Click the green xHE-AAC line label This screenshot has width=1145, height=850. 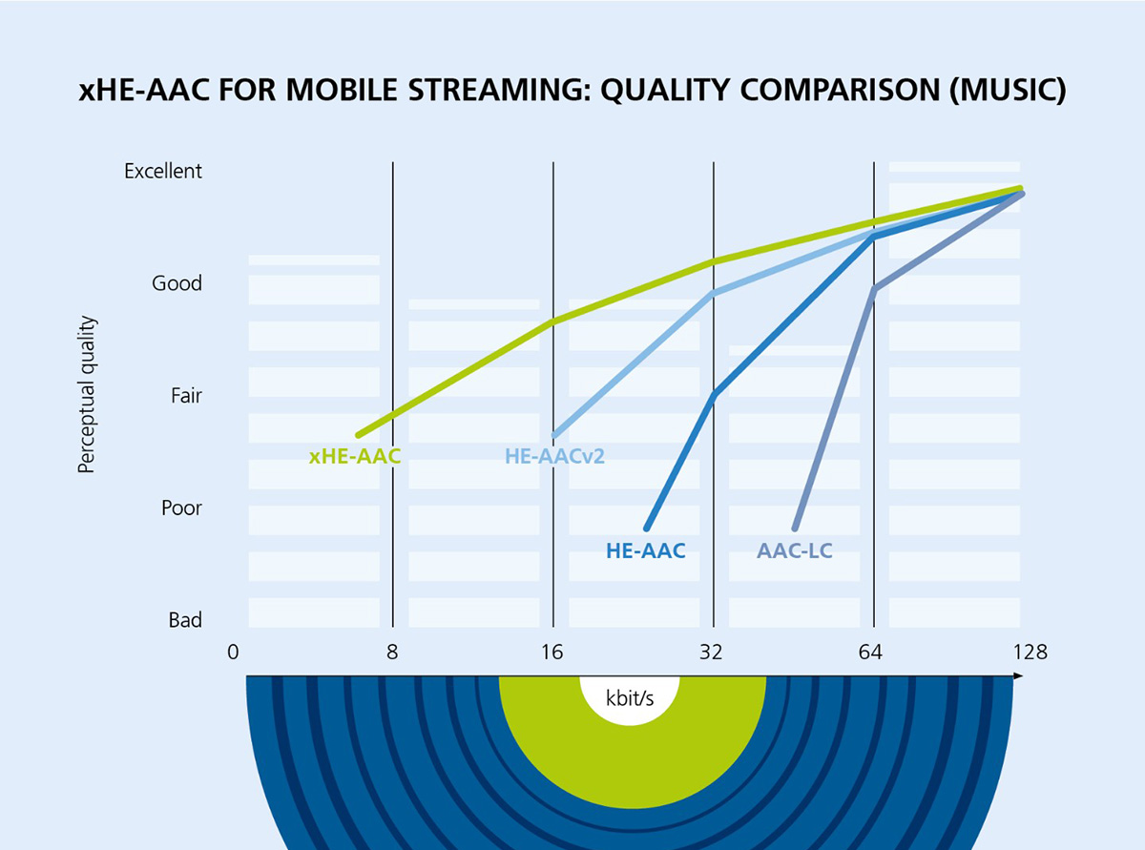tap(355, 456)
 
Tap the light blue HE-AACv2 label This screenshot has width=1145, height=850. tap(554, 456)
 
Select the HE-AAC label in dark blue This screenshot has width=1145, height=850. tap(645, 550)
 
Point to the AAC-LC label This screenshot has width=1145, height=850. tap(794, 550)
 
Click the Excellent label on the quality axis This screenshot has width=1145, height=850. tap(163, 171)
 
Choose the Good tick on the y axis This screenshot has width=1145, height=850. tap(177, 283)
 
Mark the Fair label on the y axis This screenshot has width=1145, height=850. tap(186, 395)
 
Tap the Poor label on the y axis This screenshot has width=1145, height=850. tap(181, 508)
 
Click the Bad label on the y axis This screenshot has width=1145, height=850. tap(185, 620)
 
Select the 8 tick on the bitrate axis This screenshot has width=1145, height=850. tap(392, 653)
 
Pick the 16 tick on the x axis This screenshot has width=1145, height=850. tap(552, 653)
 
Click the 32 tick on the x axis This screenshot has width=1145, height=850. tap(712, 653)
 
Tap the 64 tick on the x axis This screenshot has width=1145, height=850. tap(873, 653)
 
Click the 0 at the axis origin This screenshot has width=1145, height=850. tap(233, 653)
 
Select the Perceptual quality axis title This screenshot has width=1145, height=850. tap(87, 395)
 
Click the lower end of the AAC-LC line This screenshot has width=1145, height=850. tap(795, 527)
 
